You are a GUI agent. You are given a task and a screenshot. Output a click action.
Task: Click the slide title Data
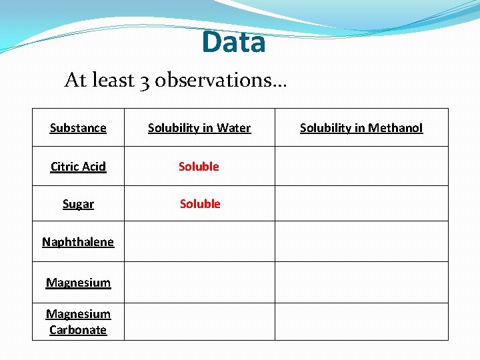click(233, 43)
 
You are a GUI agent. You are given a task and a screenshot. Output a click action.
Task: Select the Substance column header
click(78, 128)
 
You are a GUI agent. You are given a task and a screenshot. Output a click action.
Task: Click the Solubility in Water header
click(199, 128)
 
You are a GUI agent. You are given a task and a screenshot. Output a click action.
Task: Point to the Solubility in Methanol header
click(361, 128)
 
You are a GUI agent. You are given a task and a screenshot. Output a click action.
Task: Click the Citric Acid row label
click(78, 167)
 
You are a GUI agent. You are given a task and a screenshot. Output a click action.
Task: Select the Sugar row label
click(78, 204)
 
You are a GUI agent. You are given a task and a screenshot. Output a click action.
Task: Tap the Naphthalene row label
click(78, 242)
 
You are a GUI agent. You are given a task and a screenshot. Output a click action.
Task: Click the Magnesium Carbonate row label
click(78, 322)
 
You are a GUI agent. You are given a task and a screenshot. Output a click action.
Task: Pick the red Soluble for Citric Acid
click(199, 167)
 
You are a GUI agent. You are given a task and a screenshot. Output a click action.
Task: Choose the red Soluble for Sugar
click(200, 204)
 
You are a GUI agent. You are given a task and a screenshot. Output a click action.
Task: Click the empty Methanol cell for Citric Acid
click(361, 166)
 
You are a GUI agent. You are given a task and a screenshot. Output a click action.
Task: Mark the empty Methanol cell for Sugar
click(361, 203)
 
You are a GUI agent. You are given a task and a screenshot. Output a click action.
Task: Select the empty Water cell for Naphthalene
click(199, 241)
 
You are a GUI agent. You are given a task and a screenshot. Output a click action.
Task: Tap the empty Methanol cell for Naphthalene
click(361, 241)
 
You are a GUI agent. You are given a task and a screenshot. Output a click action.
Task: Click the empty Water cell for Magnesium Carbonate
click(199, 321)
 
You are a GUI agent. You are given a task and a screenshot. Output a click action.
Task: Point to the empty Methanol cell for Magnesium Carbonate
click(361, 321)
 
